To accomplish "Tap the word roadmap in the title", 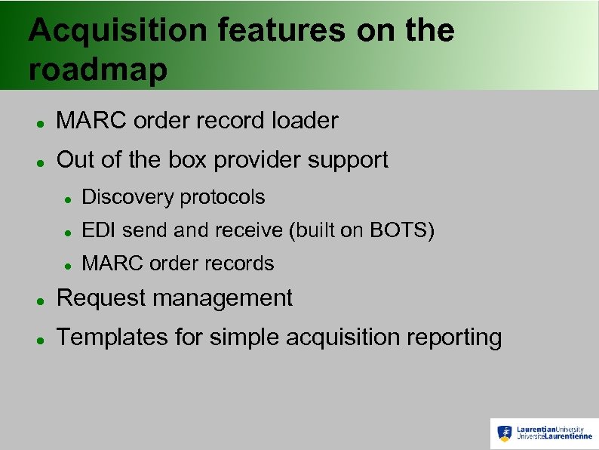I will [98, 70].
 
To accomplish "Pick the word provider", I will [256, 161].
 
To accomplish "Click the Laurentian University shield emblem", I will [505, 433].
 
